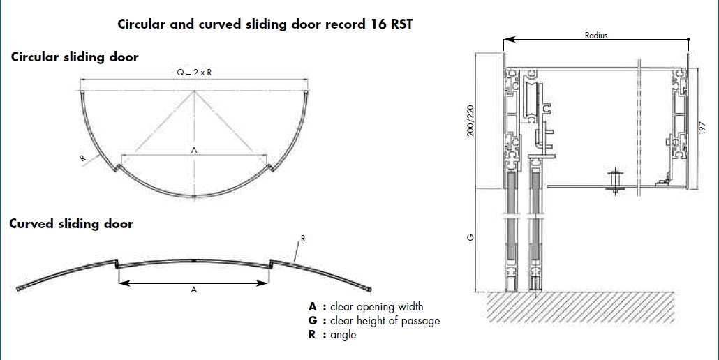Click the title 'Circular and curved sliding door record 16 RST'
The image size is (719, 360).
(x=265, y=24)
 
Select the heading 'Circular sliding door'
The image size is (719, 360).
(x=75, y=57)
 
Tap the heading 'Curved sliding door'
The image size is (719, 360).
(x=71, y=224)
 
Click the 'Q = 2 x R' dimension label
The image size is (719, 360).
(x=195, y=73)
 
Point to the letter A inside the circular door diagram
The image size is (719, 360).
(x=194, y=150)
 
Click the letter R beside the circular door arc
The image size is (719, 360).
(x=82, y=158)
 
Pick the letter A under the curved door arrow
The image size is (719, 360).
(x=194, y=290)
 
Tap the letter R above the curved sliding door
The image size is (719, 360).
(x=303, y=239)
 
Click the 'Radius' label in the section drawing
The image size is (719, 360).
(x=596, y=36)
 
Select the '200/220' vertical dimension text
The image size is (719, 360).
(x=470, y=122)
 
